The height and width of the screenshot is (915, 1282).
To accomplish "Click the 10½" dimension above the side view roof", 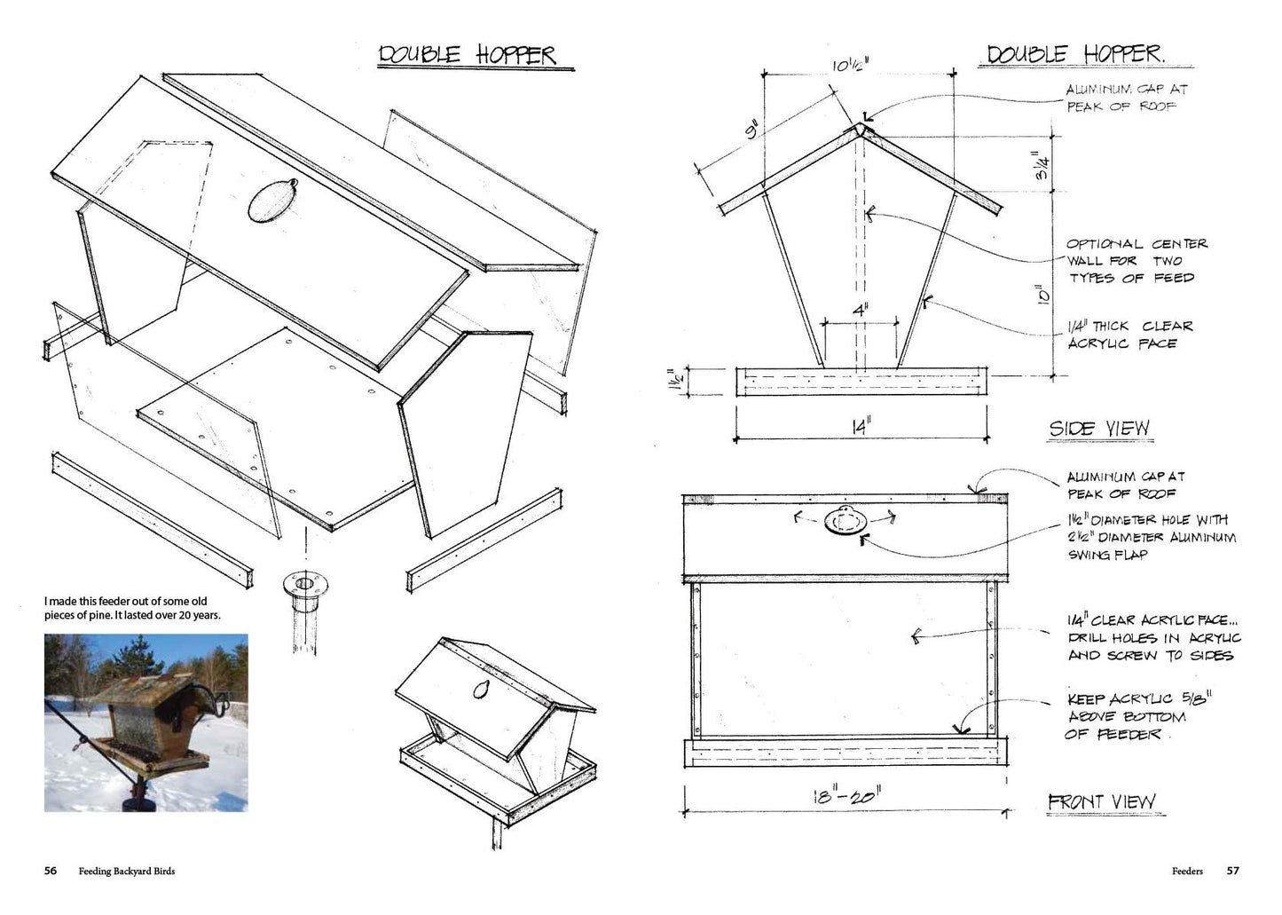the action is pos(850,66).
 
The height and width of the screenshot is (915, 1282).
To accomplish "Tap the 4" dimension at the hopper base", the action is pos(861,311).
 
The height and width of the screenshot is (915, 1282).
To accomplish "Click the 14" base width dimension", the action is pos(861,427).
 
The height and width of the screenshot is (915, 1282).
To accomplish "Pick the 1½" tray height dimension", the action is pos(675,380).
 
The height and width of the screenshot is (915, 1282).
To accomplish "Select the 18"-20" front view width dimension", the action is pos(847,796).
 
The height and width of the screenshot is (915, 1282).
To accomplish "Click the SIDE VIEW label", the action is pos(1099,429).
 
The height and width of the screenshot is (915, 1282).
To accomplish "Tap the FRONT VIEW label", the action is pos(1102,801).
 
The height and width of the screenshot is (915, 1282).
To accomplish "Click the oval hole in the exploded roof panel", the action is pos(272,201).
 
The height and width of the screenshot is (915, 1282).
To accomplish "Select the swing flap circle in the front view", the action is pos(845,521).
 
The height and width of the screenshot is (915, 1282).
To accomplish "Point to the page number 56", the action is pos(51,871).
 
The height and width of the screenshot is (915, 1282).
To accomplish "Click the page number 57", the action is pos(1233,871).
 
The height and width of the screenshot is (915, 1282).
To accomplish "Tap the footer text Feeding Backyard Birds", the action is pos(127,872).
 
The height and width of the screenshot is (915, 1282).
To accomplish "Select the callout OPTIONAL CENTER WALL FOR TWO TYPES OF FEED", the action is pos(1137,261).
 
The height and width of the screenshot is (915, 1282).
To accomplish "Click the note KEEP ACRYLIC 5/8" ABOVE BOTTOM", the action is pos(1139,716).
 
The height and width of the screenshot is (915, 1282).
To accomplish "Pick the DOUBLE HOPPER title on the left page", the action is pos(467,55).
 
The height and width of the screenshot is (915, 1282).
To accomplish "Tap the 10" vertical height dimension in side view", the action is pos(1042,296).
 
